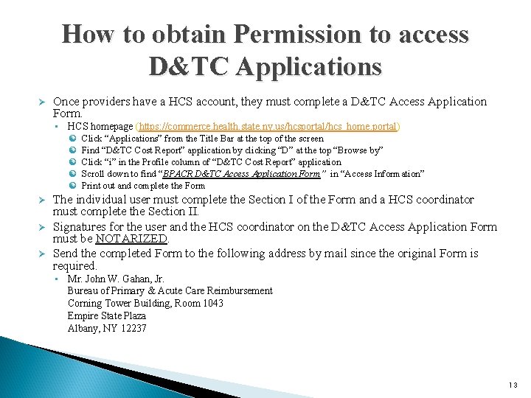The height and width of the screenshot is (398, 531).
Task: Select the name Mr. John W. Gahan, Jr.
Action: (x=116, y=279)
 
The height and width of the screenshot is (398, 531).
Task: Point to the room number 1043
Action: (x=209, y=303)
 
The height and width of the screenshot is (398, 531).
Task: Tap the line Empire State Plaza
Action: (x=107, y=315)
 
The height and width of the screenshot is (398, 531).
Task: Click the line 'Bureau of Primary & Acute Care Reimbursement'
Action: (x=170, y=291)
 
